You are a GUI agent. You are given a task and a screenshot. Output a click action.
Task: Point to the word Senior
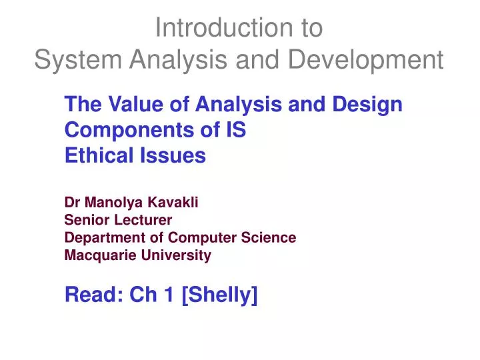85,221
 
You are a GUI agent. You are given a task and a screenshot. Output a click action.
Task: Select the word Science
271,237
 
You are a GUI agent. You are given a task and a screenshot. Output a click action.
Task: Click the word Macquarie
96,255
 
